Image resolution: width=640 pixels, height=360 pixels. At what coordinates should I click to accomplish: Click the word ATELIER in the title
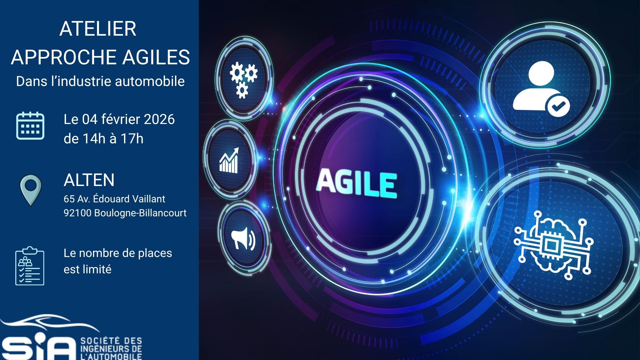[98, 29]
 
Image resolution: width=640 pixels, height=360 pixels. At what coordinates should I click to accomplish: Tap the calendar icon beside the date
[30, 125]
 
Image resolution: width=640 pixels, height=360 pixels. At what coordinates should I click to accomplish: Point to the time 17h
[132, 139]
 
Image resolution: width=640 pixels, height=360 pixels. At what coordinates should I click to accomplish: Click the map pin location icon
[31, 190]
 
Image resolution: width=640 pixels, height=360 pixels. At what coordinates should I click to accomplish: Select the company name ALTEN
[89, 180]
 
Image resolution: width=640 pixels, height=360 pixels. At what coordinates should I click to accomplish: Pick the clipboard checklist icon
[30, 266]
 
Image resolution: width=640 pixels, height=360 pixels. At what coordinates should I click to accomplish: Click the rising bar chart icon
[229, 160]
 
